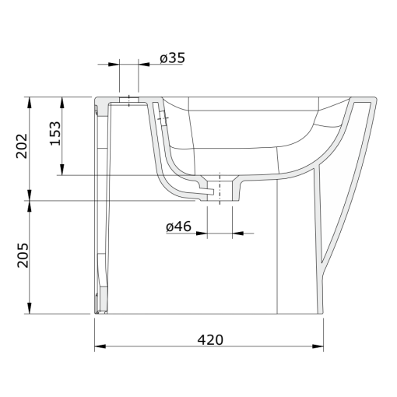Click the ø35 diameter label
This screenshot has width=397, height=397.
pos(172,58)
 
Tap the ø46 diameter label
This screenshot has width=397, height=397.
pos(178,227)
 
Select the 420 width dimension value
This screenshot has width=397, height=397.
pos(210,340)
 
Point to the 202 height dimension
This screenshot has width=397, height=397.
pos(22,146)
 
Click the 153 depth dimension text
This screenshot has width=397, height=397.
pos(55,133)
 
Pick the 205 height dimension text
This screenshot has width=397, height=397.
pos(23,255)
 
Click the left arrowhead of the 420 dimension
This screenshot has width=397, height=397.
pos(100,346)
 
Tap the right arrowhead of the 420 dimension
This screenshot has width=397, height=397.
pos(318,346)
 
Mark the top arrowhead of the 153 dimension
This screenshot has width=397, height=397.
pos(62,103)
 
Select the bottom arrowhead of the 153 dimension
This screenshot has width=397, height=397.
pos(62,170)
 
